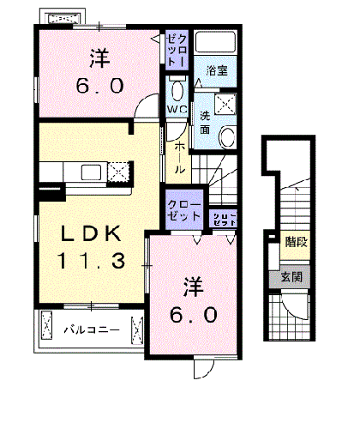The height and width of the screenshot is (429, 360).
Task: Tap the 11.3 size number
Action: pyautogui.click(x=93, y=259)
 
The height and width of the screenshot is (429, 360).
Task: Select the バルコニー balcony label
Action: pyautogui.click(x=88, y=327)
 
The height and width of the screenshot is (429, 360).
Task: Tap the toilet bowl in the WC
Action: pyautogui.click(x=177, y=92)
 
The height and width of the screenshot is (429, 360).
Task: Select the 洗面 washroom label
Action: pyautogui.click(x=208, y=123)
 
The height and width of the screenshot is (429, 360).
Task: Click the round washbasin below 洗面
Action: pyautogui.click(x=228, y=137)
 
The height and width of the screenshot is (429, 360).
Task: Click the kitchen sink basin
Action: pyautogui.click(x=92, y=172)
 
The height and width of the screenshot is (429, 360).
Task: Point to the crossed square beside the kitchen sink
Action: pyautogui.click(x=117, y=172)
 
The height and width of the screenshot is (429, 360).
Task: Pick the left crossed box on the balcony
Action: pyautogui.click(x=46, y=327)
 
